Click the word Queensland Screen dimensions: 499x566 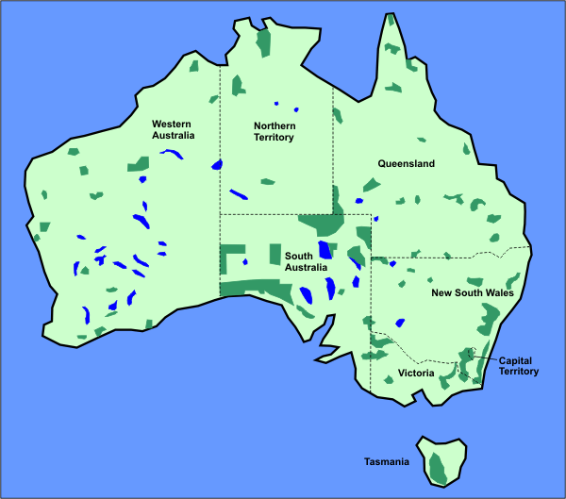tap(406, 163)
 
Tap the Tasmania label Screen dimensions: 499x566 tap(387, 462)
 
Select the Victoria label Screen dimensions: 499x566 tap(416, 374)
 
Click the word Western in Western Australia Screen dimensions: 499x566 tap(174, 124)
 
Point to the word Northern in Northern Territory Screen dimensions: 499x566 tap(275, 125)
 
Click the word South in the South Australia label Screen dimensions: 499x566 tap(298, 256)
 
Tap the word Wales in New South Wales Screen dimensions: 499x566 tap(498, 293)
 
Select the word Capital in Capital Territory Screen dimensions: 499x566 tap(517, 360)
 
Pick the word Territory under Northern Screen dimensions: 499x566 tap(275, 138)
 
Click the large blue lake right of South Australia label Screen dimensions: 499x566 tap(325, 250)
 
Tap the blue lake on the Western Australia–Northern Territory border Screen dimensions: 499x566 tap(216, 164)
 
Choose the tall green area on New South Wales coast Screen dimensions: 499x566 tap(488, 320)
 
